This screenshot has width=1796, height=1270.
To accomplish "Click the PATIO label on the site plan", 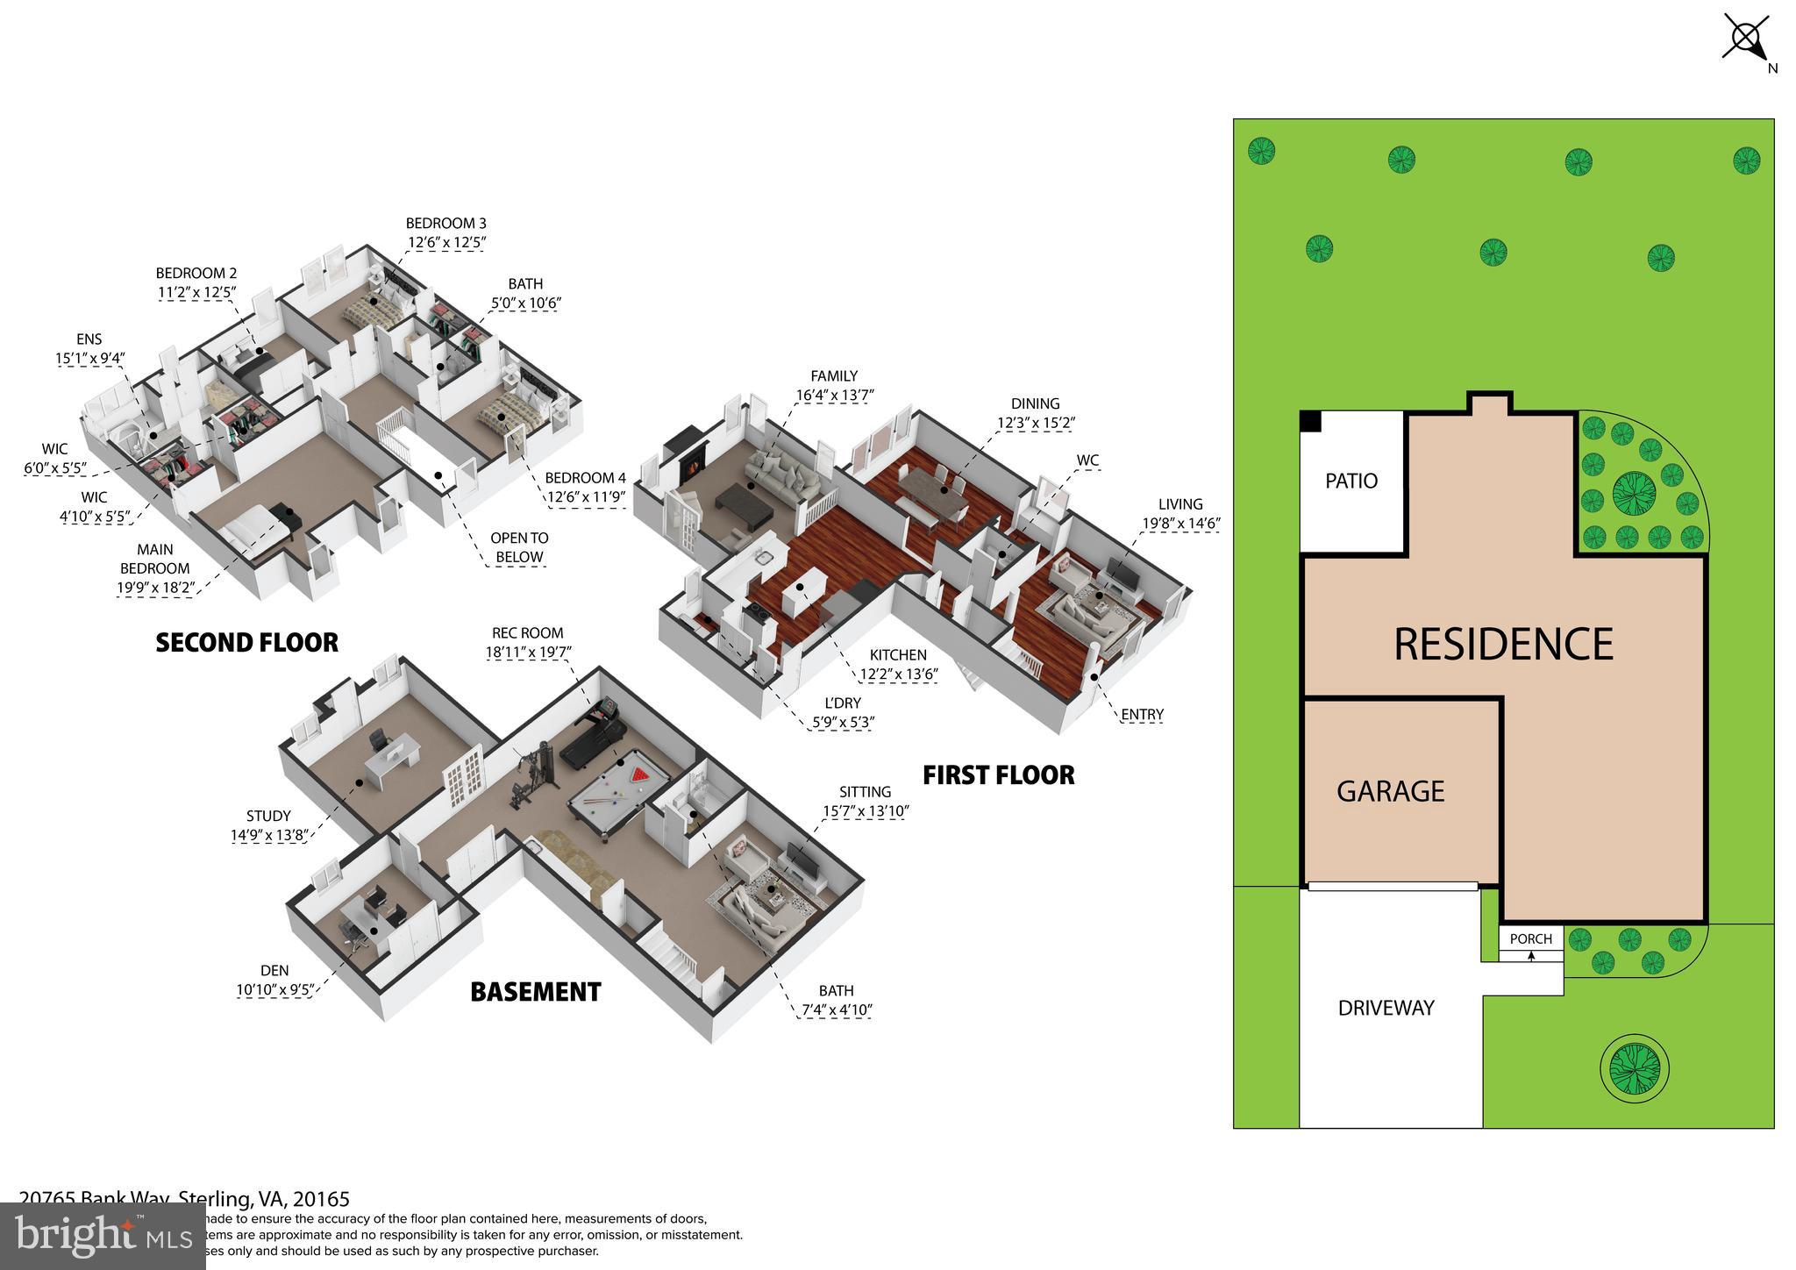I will pyautogui.click(x=1351, y=481).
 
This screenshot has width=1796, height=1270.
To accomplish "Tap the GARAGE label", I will pyautogui.click(x=1390, y=791).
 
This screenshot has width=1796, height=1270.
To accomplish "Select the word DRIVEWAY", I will pyautogui.click(x=1386, y=1008).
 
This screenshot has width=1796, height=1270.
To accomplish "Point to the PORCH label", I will pyautogui.click(x=1530, y=938).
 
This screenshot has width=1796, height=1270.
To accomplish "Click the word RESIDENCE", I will pyautogui.click(x=1503, y=644).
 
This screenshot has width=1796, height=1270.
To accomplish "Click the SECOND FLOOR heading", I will pyautogui.click(x=246, y=643).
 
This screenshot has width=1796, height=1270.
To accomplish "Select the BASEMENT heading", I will pyautogui.click(x=535, y=992).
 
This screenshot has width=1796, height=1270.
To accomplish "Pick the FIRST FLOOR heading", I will pyautogui.click(x=998, y=775).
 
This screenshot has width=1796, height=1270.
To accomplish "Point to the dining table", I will pyautogui.click(x=931, y=489).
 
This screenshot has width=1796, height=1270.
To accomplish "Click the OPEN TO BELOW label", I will pyautogui.click(x=519, y=547).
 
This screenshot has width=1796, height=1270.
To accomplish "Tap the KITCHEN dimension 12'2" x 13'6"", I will pyautogui.click(x=898, y=674).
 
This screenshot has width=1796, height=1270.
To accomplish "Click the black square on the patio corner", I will pyautogui.click(x=1310, y=421).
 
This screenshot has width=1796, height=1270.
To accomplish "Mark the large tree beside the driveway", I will pyautogui.click(x=1630, y=1067).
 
